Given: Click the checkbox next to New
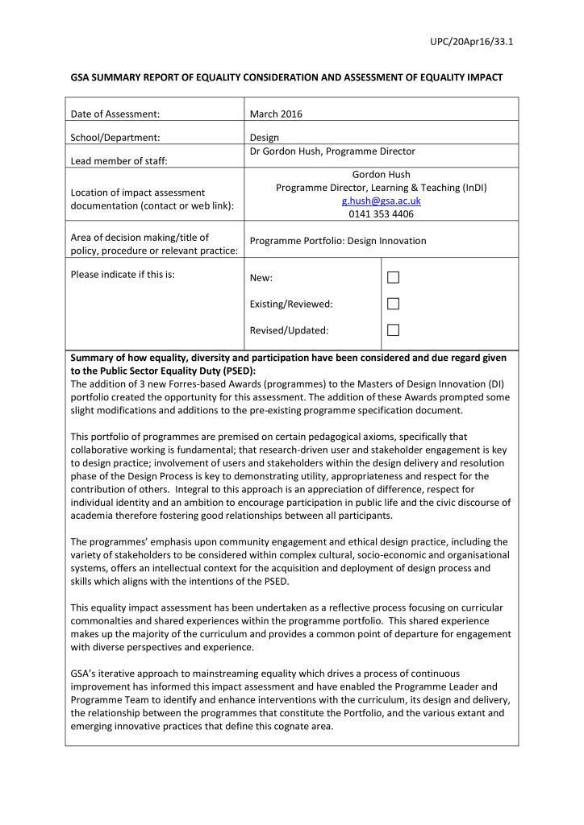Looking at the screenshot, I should (393, 278).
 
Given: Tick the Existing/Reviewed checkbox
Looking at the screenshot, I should (393, 304).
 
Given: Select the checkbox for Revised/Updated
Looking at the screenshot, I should (393, 330).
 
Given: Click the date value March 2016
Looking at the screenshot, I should (276, 114).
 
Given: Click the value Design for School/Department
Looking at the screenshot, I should (265, 138).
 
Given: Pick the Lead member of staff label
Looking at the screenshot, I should (119, 161).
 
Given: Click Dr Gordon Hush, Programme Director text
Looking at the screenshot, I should (332, 151).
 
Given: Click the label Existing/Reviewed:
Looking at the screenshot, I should (291, 305).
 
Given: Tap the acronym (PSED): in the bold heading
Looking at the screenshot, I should (235, 371).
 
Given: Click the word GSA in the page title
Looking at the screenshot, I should (81, 77).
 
